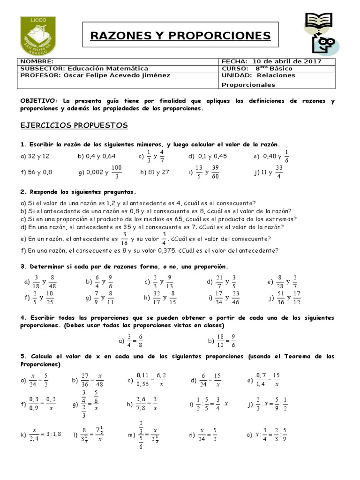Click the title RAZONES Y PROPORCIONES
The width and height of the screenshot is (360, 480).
(180, 36)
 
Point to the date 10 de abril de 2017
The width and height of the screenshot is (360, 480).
(287, 61)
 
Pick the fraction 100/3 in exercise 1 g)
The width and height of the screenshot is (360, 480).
(116, 172)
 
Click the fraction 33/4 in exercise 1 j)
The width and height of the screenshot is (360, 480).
(279, 172)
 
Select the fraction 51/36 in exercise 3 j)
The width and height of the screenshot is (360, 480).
(282, 297)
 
